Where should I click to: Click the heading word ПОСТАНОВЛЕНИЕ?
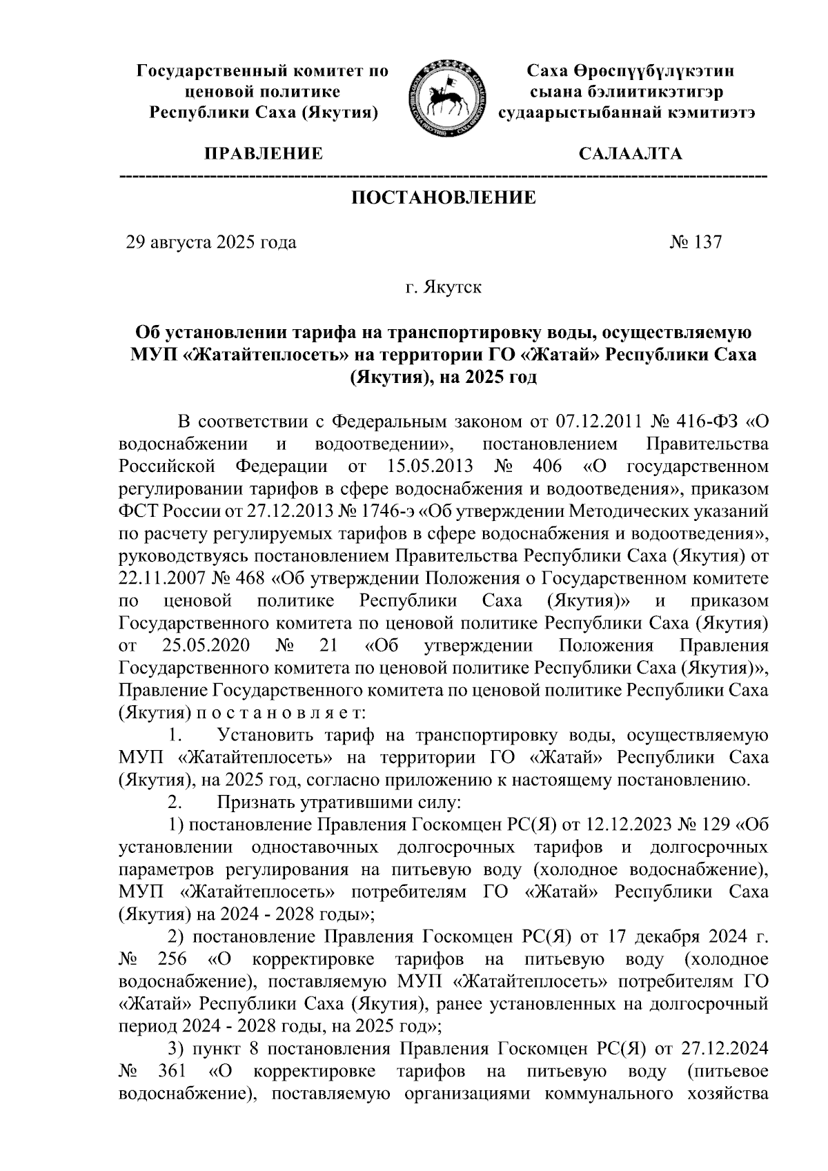[x=444, y=199]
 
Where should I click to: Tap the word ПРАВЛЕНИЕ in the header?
[x=262, y=154]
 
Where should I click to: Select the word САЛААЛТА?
[x=630, y=154]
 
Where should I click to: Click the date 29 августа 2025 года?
[x=211, y=243]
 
